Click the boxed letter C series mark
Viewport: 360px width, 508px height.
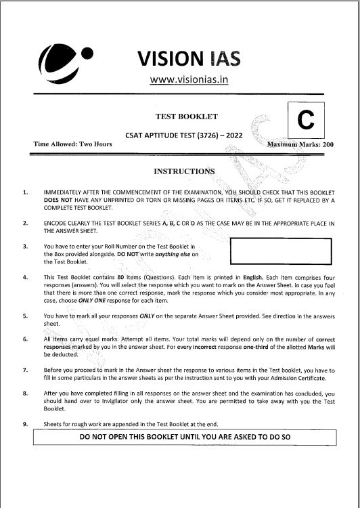click(x=307, y=121)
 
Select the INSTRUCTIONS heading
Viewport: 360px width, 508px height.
click(x=184, y=171)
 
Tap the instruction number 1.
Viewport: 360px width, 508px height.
click(x=25, y=192)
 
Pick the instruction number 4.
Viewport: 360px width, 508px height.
click(x=25, y=277)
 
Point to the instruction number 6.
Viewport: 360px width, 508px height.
click(x=25, y=338)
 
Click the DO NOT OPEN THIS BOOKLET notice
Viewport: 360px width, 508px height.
click(x=185, y=437)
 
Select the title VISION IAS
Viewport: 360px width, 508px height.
click(x=189, y=59)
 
